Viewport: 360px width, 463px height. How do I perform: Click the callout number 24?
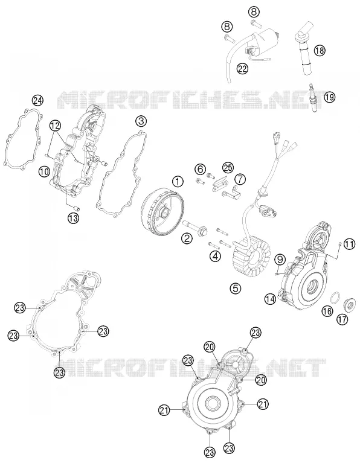pos(37,101)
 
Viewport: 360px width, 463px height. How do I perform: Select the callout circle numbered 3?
pos(141,121)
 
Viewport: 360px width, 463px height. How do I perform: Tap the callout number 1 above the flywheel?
pos(178,182)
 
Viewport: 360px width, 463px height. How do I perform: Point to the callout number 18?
pos(319,50)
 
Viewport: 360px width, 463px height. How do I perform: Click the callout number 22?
pos(242,68)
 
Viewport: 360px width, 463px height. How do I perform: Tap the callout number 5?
pos(236,288)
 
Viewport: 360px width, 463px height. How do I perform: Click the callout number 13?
pos(73,218)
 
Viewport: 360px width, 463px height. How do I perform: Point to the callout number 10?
pos(44,171)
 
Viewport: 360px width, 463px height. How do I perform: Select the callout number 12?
pos(55,126)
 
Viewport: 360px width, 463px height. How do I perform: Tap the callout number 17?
pos(342,319)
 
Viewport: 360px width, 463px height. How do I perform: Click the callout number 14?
pos(270,299)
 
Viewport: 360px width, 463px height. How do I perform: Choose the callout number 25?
pos(228,168)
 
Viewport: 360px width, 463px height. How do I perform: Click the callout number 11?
pos(349,244)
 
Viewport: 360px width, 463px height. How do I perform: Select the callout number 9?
pos(280,260)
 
